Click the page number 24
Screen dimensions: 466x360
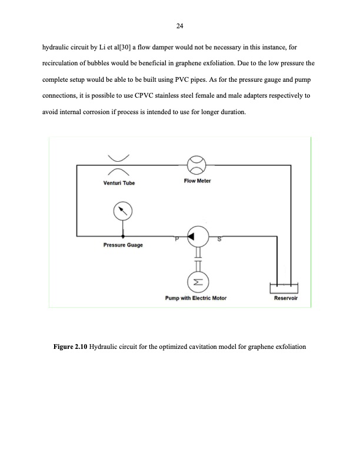coord(180,25)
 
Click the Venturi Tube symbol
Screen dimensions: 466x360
coord(119,165)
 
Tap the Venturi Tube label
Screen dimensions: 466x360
coord(119,183)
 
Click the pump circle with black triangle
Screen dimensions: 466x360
coord(195,236)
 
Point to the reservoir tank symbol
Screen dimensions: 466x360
coord(284,287)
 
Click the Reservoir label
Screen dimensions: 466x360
coord(286,298)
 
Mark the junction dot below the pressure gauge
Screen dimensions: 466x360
coord(123,236)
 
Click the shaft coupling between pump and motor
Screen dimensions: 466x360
coord(195,257)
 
